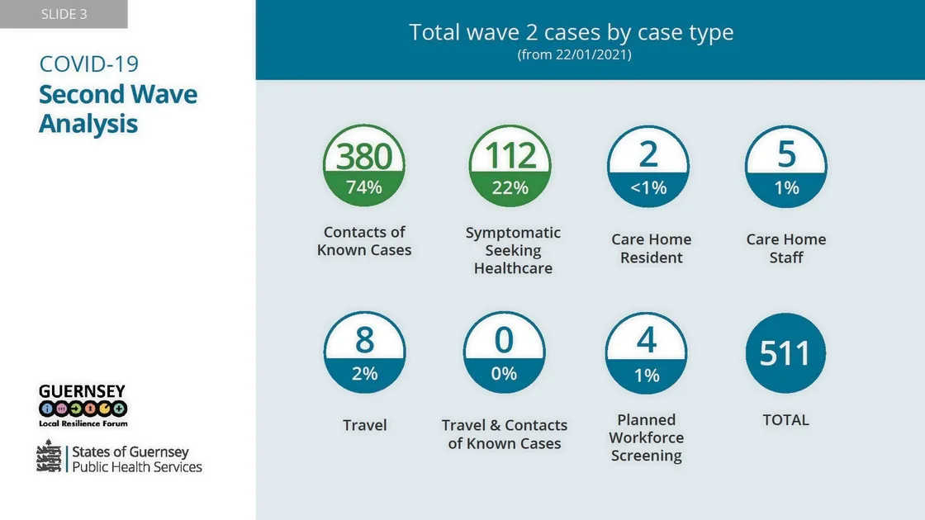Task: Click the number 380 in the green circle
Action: point(364,156)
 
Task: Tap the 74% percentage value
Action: point(364,187)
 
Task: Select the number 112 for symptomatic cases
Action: point(510,156)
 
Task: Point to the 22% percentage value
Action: point(510,187)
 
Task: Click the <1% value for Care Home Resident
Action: point(648,188)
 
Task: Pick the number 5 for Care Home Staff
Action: point(786,154)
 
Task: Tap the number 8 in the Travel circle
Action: point(364,340)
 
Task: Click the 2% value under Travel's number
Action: point(364,373)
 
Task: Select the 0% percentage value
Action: point(504,373)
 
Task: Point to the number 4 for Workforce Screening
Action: point(647,340)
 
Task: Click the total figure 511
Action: point(785,353)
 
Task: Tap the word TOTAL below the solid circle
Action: point(785,420)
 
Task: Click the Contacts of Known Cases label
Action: point(364,241)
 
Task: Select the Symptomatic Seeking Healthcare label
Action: point(513,250)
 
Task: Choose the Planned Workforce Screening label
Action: point(647,437)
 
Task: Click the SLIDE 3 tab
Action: point(64,14)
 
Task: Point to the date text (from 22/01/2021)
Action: point(574,55)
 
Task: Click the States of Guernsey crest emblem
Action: point(50,456)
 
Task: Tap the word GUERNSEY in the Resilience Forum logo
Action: point(82,390)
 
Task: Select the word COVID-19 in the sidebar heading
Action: point(89,64)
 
